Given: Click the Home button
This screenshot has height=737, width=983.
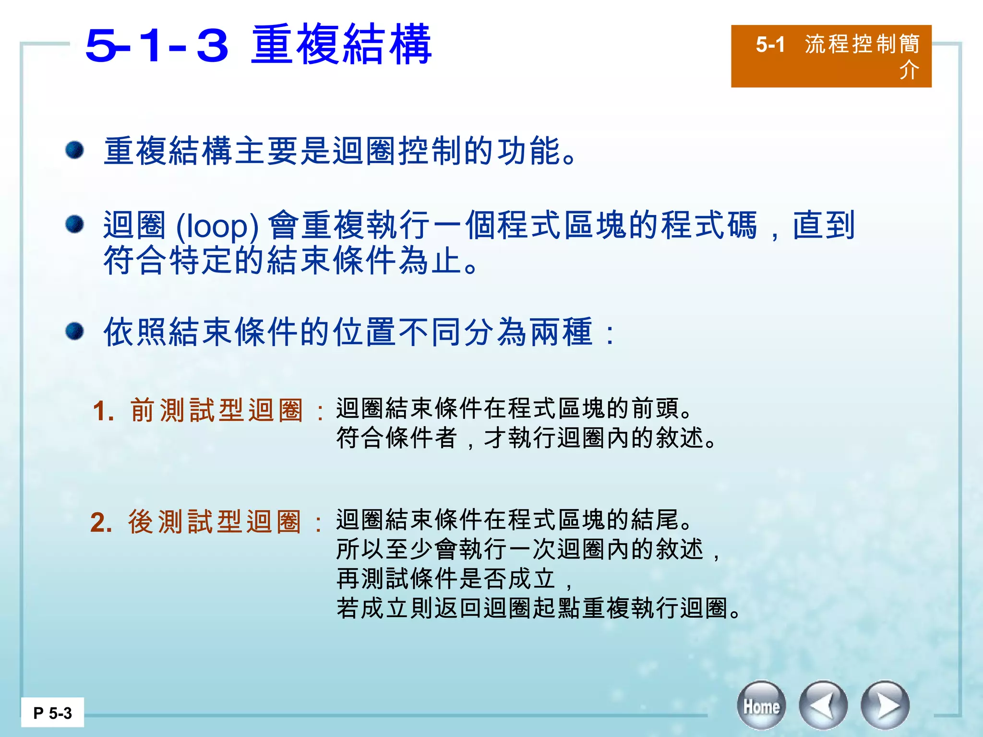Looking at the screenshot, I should point(761,706).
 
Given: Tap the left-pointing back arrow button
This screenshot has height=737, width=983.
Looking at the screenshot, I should point(823,706).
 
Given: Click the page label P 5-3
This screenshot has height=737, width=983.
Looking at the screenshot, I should point(52,713).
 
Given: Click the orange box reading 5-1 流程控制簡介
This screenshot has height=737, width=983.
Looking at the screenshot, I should point(831,56).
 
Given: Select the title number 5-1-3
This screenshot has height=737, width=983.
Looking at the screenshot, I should point(156,46).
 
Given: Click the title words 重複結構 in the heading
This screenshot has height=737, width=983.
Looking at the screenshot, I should point(341,46).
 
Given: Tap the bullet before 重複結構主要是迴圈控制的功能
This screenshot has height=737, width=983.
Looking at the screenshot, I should point(75,150).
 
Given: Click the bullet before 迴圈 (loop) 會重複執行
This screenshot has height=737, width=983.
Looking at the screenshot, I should point(75,224).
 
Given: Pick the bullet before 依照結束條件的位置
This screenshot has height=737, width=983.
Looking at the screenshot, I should point(75,331).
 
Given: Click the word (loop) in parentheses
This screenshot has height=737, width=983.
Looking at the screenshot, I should point(217,226).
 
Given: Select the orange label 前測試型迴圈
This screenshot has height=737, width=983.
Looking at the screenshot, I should point(216,411).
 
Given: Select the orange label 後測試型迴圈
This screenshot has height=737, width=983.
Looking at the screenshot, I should point(215,522).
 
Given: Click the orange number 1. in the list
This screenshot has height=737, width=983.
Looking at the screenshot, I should point(104,412).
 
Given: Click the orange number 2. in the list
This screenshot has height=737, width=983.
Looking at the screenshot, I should point(101,523).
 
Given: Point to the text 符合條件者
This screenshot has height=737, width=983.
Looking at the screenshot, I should point(396,438).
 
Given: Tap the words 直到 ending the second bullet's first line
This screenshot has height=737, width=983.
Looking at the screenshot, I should point(824,225).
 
